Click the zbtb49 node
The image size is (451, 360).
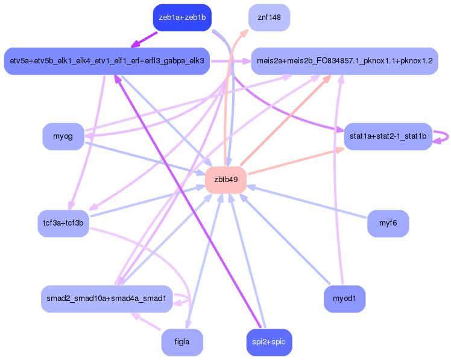[x=225, y=180]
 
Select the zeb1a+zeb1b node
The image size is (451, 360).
[x=182, y=17]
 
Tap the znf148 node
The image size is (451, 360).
[x=269, y=17]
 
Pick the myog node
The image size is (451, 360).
[x=63, y=136]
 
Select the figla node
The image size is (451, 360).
[x=181, y=342]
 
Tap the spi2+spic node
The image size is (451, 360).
[x=269, y=342]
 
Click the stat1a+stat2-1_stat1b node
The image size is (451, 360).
[x=388, y=136]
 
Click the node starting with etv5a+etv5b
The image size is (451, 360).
[x=107, y=61]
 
